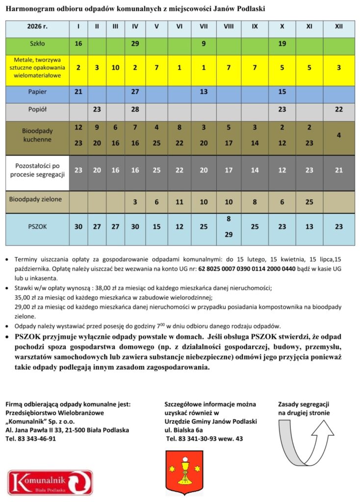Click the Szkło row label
pyautogui.click(x=37, y=44)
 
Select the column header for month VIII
pyautogui.click(x=229, y=26)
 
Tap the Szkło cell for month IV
pyautogui.click(x=135, y=44)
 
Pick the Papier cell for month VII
pyautogui.click(x=203, y=92)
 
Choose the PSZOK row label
pyautogui.click(x=37, y=227)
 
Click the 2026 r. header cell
pyautogui.click(x=37, y=26)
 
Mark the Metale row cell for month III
pyautogui.click(x=115, y=68)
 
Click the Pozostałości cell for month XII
pyautogui.click(x=338, y=170)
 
